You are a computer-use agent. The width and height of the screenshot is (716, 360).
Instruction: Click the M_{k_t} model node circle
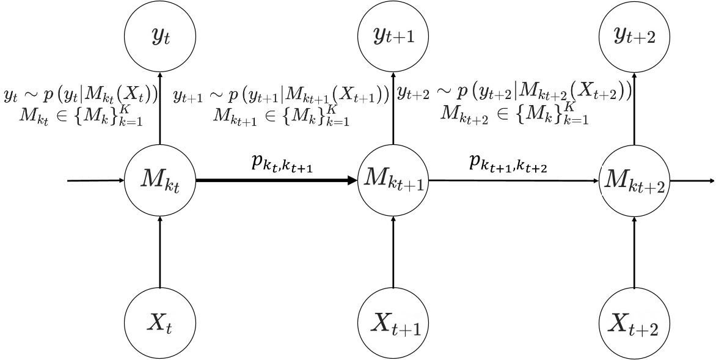point(159,181)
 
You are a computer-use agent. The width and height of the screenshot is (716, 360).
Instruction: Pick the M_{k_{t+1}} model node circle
point(393,181)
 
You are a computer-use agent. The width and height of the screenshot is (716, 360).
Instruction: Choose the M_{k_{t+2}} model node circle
point(635,181)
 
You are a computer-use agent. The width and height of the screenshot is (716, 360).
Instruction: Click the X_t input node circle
point(159,323)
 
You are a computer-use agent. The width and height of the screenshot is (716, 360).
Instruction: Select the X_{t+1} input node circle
point(393,323)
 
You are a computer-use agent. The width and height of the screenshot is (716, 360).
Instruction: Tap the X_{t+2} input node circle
point(635,323)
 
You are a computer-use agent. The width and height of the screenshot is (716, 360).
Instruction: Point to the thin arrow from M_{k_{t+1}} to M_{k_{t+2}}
point(514,181)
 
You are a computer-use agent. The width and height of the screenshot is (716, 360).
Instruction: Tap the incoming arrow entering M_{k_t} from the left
point(95,181)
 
